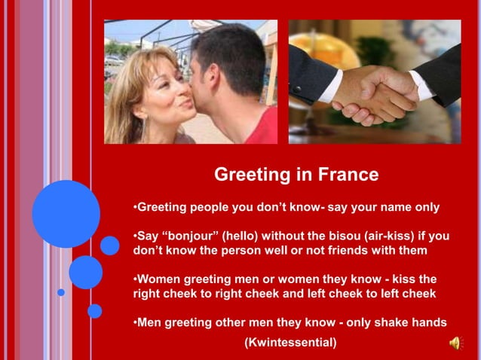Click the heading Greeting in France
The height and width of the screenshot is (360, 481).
click(x=296, y=175)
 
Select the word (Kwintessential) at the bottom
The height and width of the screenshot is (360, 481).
click(x=290, y=343)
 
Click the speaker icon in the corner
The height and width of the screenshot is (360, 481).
click(x=457, y=343)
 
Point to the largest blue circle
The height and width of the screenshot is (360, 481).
click(x=66, y=214)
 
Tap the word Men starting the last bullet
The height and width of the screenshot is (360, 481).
click(x=149, y=323)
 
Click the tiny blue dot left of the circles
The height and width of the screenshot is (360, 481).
click(x=61, y=292)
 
